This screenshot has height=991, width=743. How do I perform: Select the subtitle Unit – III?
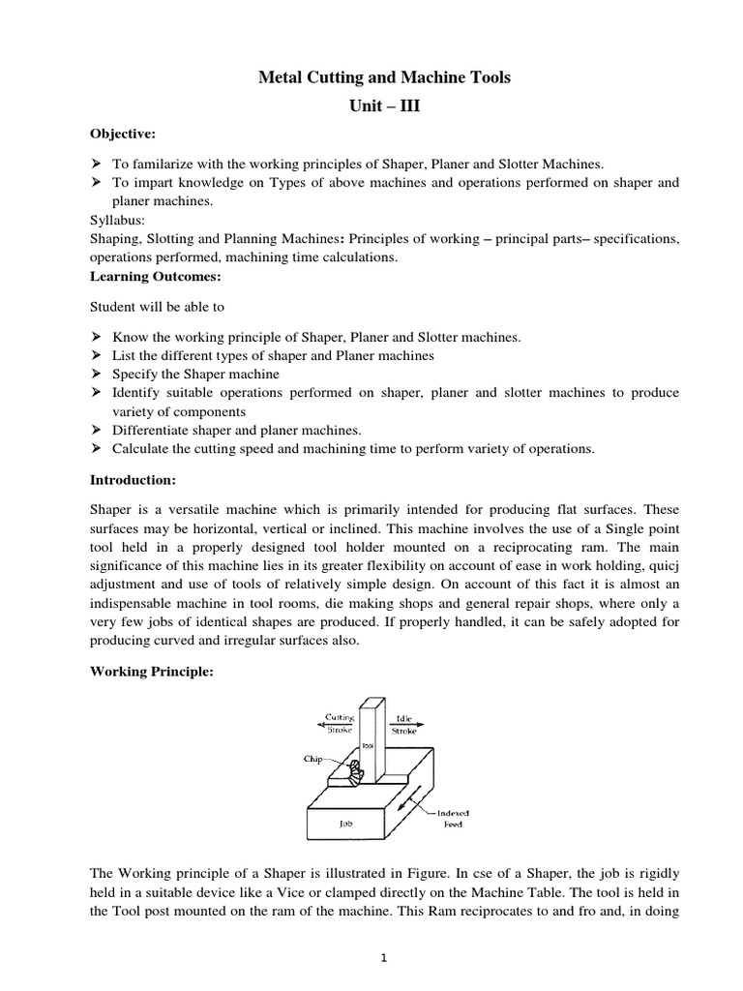pyautogui.click(x=384, y=105)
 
